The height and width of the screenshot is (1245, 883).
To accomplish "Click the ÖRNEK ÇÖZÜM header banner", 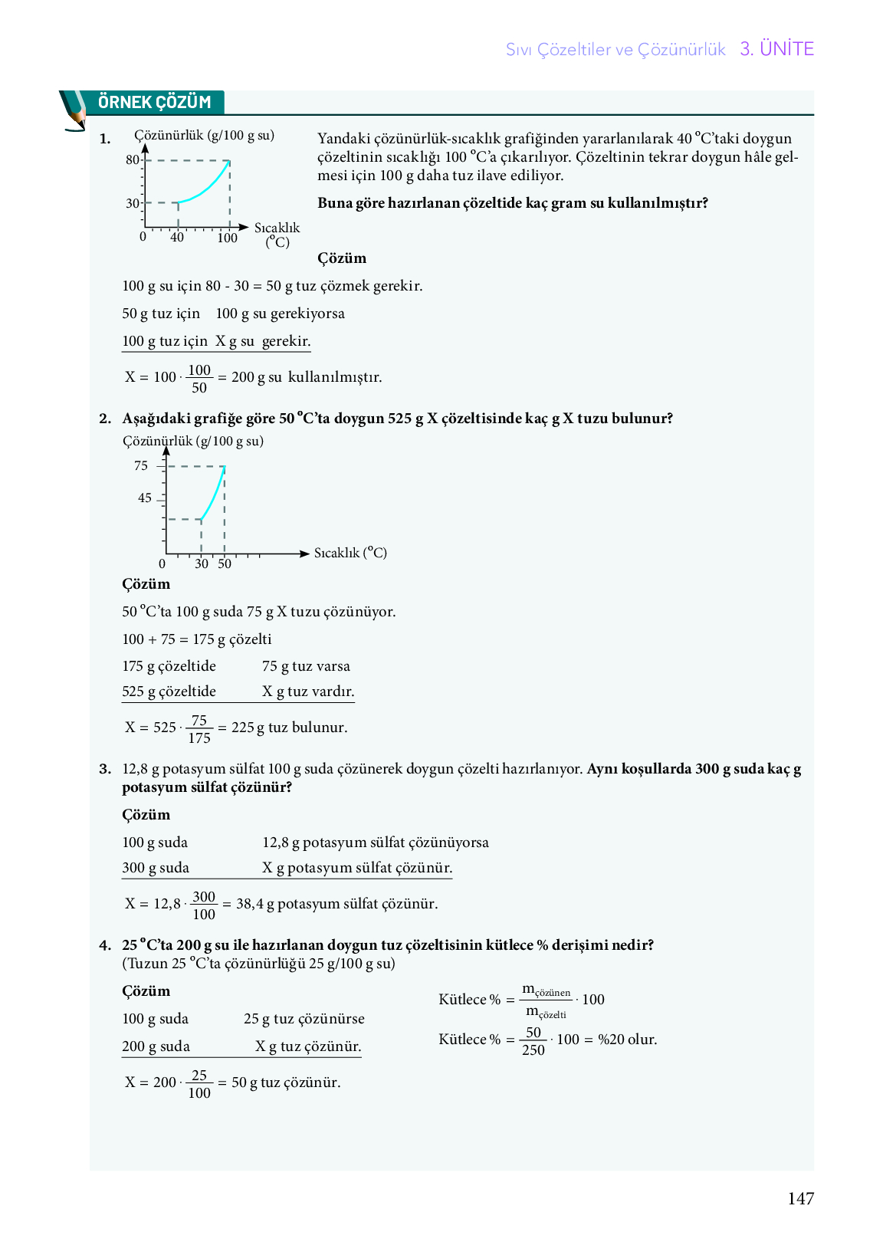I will coord(154,102).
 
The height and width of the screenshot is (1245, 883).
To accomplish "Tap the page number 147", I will coord(800,1198).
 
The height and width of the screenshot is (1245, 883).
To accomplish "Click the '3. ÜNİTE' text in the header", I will coord(776,49).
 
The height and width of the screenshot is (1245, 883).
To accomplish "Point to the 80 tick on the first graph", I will coord(133,160).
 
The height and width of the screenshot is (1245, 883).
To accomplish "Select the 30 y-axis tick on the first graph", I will coord(133,203).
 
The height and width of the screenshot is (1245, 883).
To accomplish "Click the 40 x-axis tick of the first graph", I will coord(177,238).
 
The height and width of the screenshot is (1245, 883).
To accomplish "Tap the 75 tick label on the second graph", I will coord(141,466).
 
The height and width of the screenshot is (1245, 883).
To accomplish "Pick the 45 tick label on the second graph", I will coord(145,498).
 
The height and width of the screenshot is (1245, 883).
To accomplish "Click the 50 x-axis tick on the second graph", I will coord(225,564).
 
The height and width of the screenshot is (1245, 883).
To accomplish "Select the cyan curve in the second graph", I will coord(213,495).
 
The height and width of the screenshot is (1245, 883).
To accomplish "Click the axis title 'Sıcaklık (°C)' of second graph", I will coord(350,553).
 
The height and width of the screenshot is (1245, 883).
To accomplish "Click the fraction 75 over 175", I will coord(199,729).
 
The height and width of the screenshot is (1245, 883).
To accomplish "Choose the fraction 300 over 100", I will coord(204,905).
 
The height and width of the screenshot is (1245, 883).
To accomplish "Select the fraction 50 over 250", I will coord(533,1041).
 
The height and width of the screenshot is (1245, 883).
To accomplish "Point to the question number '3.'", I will coord(105,769).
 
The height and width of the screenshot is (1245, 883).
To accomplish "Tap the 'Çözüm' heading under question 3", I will coord(146,815).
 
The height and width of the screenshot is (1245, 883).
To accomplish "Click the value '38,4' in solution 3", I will coord(250,904).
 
